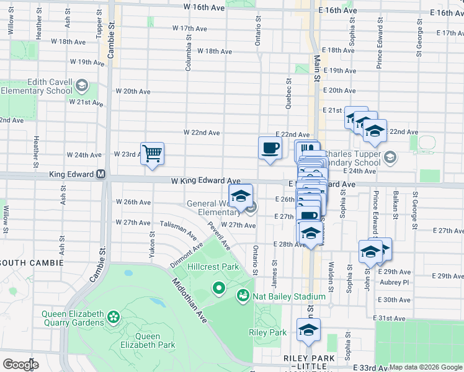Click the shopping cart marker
152,153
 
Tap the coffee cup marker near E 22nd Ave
269,148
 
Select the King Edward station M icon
100,175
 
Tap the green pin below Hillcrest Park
218,288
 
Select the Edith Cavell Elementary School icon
81,85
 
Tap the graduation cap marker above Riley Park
308,330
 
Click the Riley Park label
267,332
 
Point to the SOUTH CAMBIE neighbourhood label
32,263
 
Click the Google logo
20,364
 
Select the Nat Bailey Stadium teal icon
243,296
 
